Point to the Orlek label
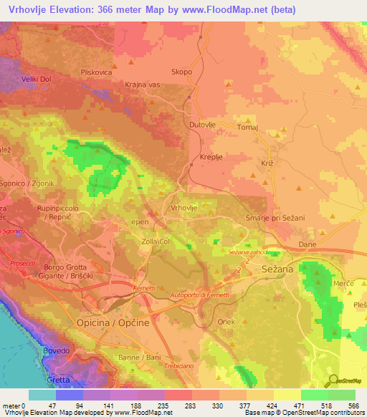pyautogui.click(x=226, y=322)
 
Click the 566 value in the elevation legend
pyautogui.click(x=352, y=406)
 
